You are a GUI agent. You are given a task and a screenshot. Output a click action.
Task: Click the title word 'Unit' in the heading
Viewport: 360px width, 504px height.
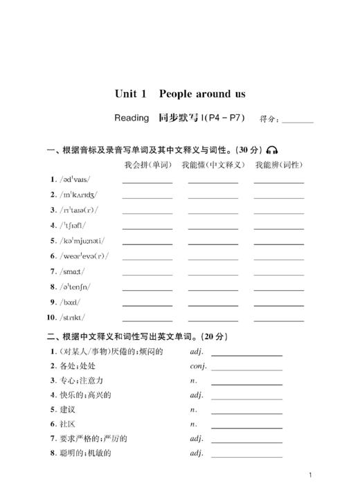coord(127,93)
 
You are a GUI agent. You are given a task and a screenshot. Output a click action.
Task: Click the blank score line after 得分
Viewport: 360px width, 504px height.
coord(297,120)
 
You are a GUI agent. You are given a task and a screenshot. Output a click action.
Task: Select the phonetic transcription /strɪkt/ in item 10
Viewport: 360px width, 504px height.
coord(73,317)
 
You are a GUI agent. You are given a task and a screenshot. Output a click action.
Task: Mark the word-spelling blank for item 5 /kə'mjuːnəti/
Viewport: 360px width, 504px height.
coord(147,243)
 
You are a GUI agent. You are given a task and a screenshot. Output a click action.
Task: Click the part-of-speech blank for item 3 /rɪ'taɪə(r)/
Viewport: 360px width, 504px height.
coord(278,213)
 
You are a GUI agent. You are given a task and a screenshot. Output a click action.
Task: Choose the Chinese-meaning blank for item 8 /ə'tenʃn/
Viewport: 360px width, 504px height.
coord(213,289)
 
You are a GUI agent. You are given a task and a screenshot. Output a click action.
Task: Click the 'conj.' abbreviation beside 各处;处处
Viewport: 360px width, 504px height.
coord(199,366)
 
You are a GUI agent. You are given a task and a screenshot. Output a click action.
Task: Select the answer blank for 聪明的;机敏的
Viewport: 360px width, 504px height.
coord(246,456)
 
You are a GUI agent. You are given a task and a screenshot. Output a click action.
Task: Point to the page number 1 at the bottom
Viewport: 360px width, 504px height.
coord(311,476)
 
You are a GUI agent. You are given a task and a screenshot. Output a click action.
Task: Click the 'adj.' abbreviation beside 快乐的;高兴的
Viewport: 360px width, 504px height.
coord(197,395)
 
